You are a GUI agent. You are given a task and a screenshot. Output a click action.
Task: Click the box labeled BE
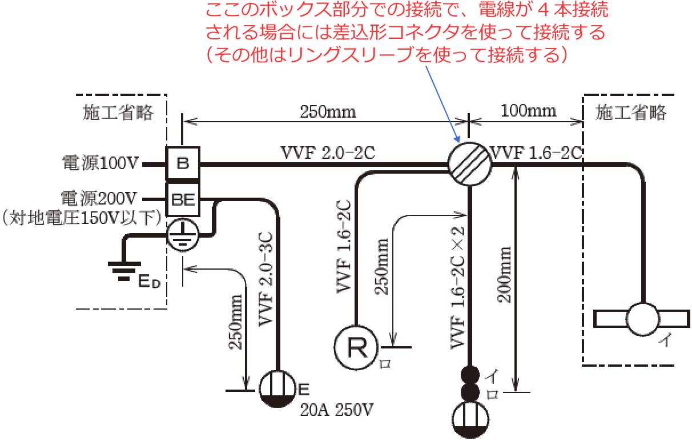(x=182, y=199)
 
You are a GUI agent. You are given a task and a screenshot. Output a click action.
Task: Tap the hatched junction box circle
(x=469, y=164)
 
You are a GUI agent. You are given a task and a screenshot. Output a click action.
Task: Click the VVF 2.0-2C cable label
(x=328, y=153)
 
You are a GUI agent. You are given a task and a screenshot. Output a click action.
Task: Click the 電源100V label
(x=100, y=165)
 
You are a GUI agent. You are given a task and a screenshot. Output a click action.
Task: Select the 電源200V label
(x=100, y=199)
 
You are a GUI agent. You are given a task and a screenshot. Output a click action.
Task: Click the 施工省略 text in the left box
(x=118, y=113)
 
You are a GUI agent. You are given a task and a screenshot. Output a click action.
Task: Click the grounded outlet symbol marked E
(x=278, y=389)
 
